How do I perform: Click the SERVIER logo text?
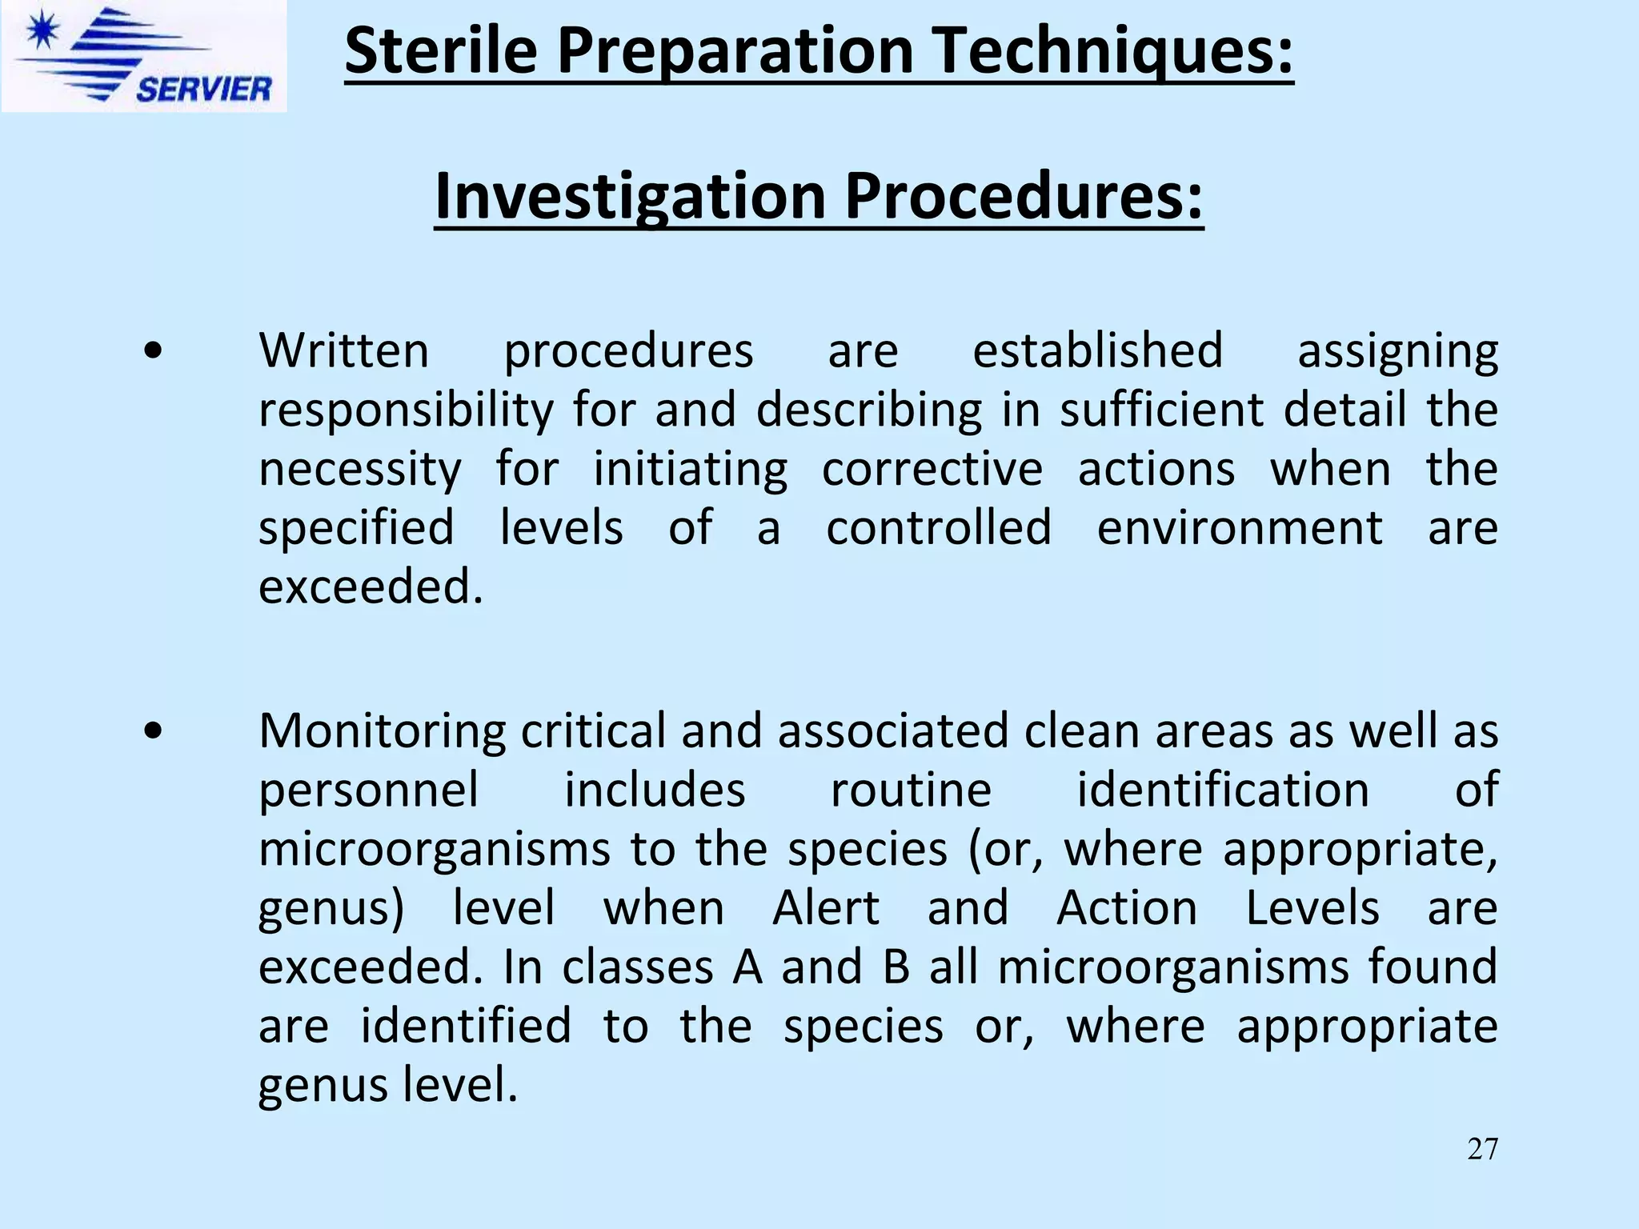(203, 88)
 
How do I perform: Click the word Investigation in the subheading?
(629, 196)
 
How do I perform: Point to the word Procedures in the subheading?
(1023, 196)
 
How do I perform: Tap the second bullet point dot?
(153, 731)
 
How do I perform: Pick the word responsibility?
(406, 410)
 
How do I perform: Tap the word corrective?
(932, 469)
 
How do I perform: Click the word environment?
(1239, 528)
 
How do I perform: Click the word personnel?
(369, 790)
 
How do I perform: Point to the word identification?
(1222, 790)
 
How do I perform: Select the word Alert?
(826, 908)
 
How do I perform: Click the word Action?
(1127, 908)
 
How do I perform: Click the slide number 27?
(1482, 1149)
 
